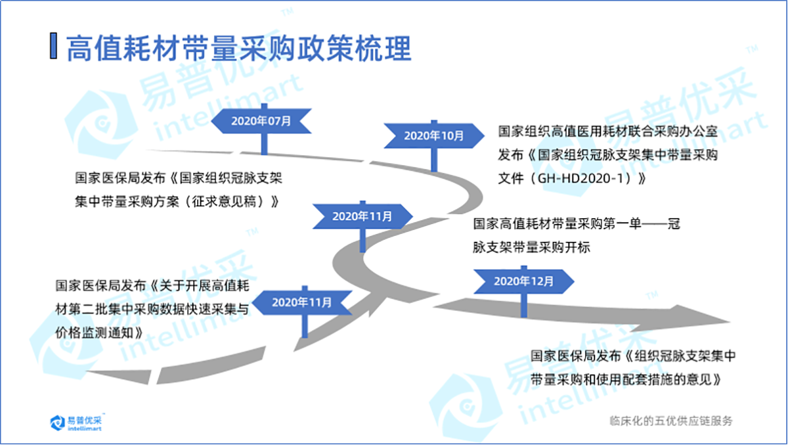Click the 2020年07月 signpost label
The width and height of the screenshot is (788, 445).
[x=261, y=121]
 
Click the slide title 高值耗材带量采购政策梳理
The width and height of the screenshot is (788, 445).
[x=239, y=47]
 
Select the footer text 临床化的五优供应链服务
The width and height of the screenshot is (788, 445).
[x=670, y=421]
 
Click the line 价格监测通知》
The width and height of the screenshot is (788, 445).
[x=100, y=331]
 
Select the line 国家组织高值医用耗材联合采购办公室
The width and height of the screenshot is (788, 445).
[x=607, y=133]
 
